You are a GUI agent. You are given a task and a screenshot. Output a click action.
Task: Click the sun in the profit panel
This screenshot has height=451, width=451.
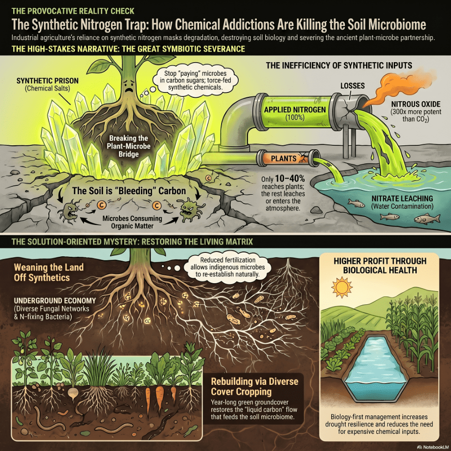[x=342, y=287]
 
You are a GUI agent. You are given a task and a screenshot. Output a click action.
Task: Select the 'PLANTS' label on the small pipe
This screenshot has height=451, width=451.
[x=284, y=158]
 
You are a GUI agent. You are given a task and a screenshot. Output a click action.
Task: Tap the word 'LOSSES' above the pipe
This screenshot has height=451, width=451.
[x=352, y=86]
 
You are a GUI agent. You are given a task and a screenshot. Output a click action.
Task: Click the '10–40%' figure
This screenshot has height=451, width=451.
[x=290, y=179]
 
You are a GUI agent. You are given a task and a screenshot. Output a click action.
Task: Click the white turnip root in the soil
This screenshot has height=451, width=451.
[x=73, y=393]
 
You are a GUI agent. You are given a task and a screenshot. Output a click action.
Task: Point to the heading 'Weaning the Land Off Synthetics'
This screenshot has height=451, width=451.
[x=49, y=272]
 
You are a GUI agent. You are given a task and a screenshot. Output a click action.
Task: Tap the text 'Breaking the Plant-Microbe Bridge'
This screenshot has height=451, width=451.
[x=129, y=146]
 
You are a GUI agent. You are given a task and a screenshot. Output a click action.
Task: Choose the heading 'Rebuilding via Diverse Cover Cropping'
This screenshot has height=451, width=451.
[x=254, y=386]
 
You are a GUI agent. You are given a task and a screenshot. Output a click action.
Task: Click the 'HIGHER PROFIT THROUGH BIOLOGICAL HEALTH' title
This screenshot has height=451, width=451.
[x=380, y=266]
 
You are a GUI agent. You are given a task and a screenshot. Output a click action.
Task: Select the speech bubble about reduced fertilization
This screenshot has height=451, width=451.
[x=227, y=267]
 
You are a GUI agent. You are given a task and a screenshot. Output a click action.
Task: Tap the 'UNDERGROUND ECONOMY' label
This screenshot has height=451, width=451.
[x=55, y=300]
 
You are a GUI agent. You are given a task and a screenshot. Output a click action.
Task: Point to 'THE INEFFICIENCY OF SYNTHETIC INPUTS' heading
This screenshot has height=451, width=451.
[x=339, y=66]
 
